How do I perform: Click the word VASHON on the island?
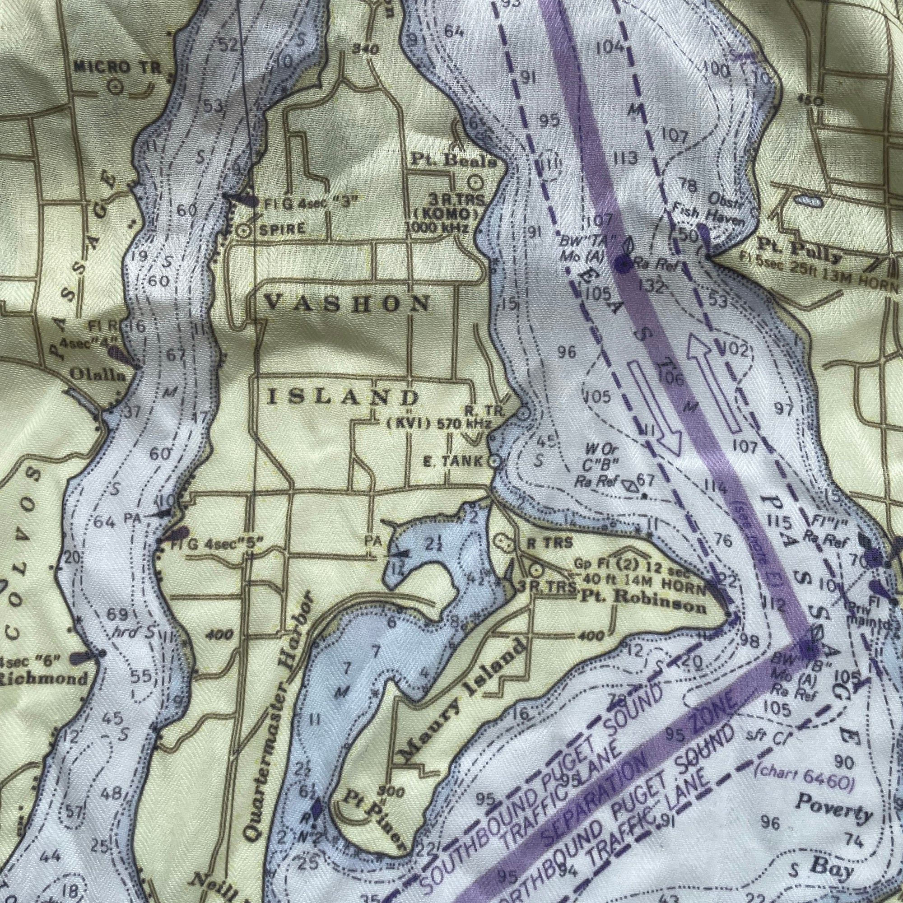(x=347, y=304)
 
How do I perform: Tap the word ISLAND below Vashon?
(x=343, y=398)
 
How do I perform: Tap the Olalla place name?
(x=98, y=374)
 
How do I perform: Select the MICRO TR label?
(x=117, y=68)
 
